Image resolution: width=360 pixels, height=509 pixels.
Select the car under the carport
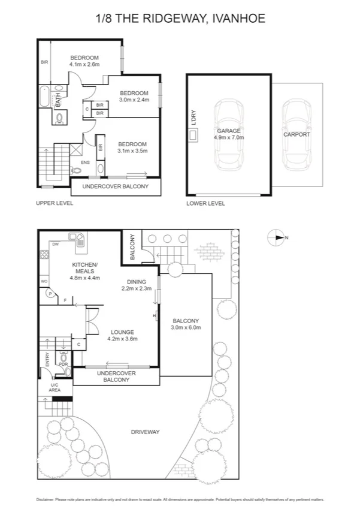(297, 135)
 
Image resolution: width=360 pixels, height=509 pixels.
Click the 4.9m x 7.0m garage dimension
(229, 137)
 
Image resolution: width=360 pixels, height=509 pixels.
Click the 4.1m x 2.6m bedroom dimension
(84, 64)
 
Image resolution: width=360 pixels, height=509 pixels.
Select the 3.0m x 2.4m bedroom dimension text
(134, 100)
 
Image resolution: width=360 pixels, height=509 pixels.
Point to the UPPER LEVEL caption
(55, 203)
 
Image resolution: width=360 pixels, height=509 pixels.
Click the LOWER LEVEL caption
(205, 203)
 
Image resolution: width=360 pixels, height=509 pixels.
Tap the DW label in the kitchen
(55, 244)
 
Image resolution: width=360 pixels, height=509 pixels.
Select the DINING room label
(137, 282)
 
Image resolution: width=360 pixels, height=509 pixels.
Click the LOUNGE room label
(122, 332)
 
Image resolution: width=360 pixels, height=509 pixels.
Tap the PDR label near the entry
(63, 364)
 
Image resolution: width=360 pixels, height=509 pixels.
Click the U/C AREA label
(54, 387)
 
